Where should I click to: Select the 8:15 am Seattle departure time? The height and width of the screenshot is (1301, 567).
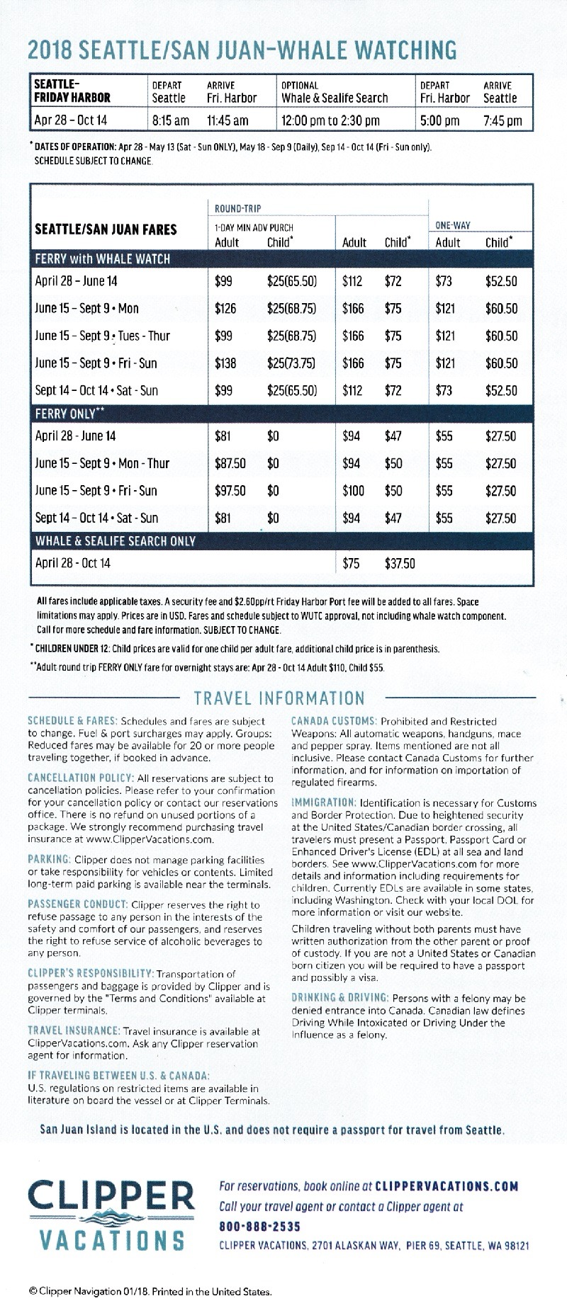pyautogui.click(x=171, y=120)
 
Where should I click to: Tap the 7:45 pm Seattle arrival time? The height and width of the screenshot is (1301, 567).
pyautogui.click(x=503, y=120)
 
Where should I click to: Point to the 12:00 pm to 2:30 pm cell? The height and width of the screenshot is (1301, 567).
pyautogui.click(x=330, y=120)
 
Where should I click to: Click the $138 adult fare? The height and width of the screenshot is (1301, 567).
pyautogui.click(x=225, y=363)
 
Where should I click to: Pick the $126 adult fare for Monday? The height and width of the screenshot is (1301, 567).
pyautogui.click(x=225, y=309)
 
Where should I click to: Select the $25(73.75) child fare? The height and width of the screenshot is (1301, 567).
pyautogui.click(x=291, y=363)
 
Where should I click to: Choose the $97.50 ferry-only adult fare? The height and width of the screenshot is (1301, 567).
pyautogui.click(x=230, y=491)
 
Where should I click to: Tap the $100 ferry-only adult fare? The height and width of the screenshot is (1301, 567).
pyautogui.click(x=353, y=491)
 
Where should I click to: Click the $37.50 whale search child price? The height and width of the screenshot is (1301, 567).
pyautogui.click(x=400, y=564)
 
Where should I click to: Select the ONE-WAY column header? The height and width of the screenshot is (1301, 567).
pyautogui.click(x=453, y=225)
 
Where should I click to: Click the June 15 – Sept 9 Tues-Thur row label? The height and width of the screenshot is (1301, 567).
pyautogui.click(x=103, y=336)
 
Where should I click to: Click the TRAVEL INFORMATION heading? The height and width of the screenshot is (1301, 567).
pyautogui.click(x=279, y=698)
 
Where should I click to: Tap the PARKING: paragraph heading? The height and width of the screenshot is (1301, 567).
pyautogui.click(x=48, y=860)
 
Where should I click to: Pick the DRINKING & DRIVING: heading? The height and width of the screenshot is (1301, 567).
pyautogui.click(x=340, y=998)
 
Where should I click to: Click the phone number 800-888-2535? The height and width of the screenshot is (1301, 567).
pyautogui.click(x=259, y=1226)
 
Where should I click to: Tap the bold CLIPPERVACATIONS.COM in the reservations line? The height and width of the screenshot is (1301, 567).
pyautogui.click(x=446, y=1186)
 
